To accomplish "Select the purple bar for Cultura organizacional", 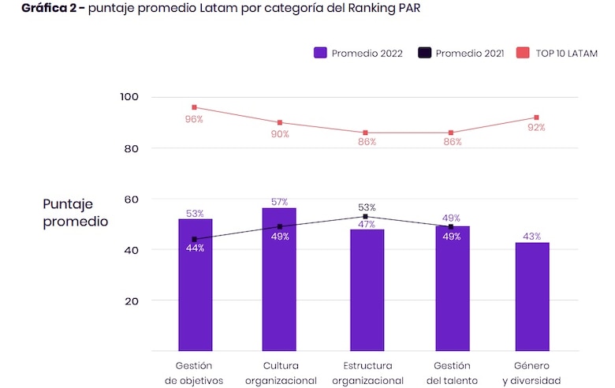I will click(279, 280).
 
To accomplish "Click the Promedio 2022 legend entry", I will click(359, 53).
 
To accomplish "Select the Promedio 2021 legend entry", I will click(463, 53).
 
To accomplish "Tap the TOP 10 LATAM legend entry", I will click(557, 53).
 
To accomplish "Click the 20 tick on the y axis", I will click(132, 300).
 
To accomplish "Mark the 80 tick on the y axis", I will click(132, 148).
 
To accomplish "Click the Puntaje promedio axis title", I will click(76, 212).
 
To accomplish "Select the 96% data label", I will click(194, 119).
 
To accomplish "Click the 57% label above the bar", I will click(280, 202).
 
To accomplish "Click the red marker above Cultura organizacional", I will click(280, 123).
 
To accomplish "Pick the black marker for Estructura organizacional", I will click(365, 216).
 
